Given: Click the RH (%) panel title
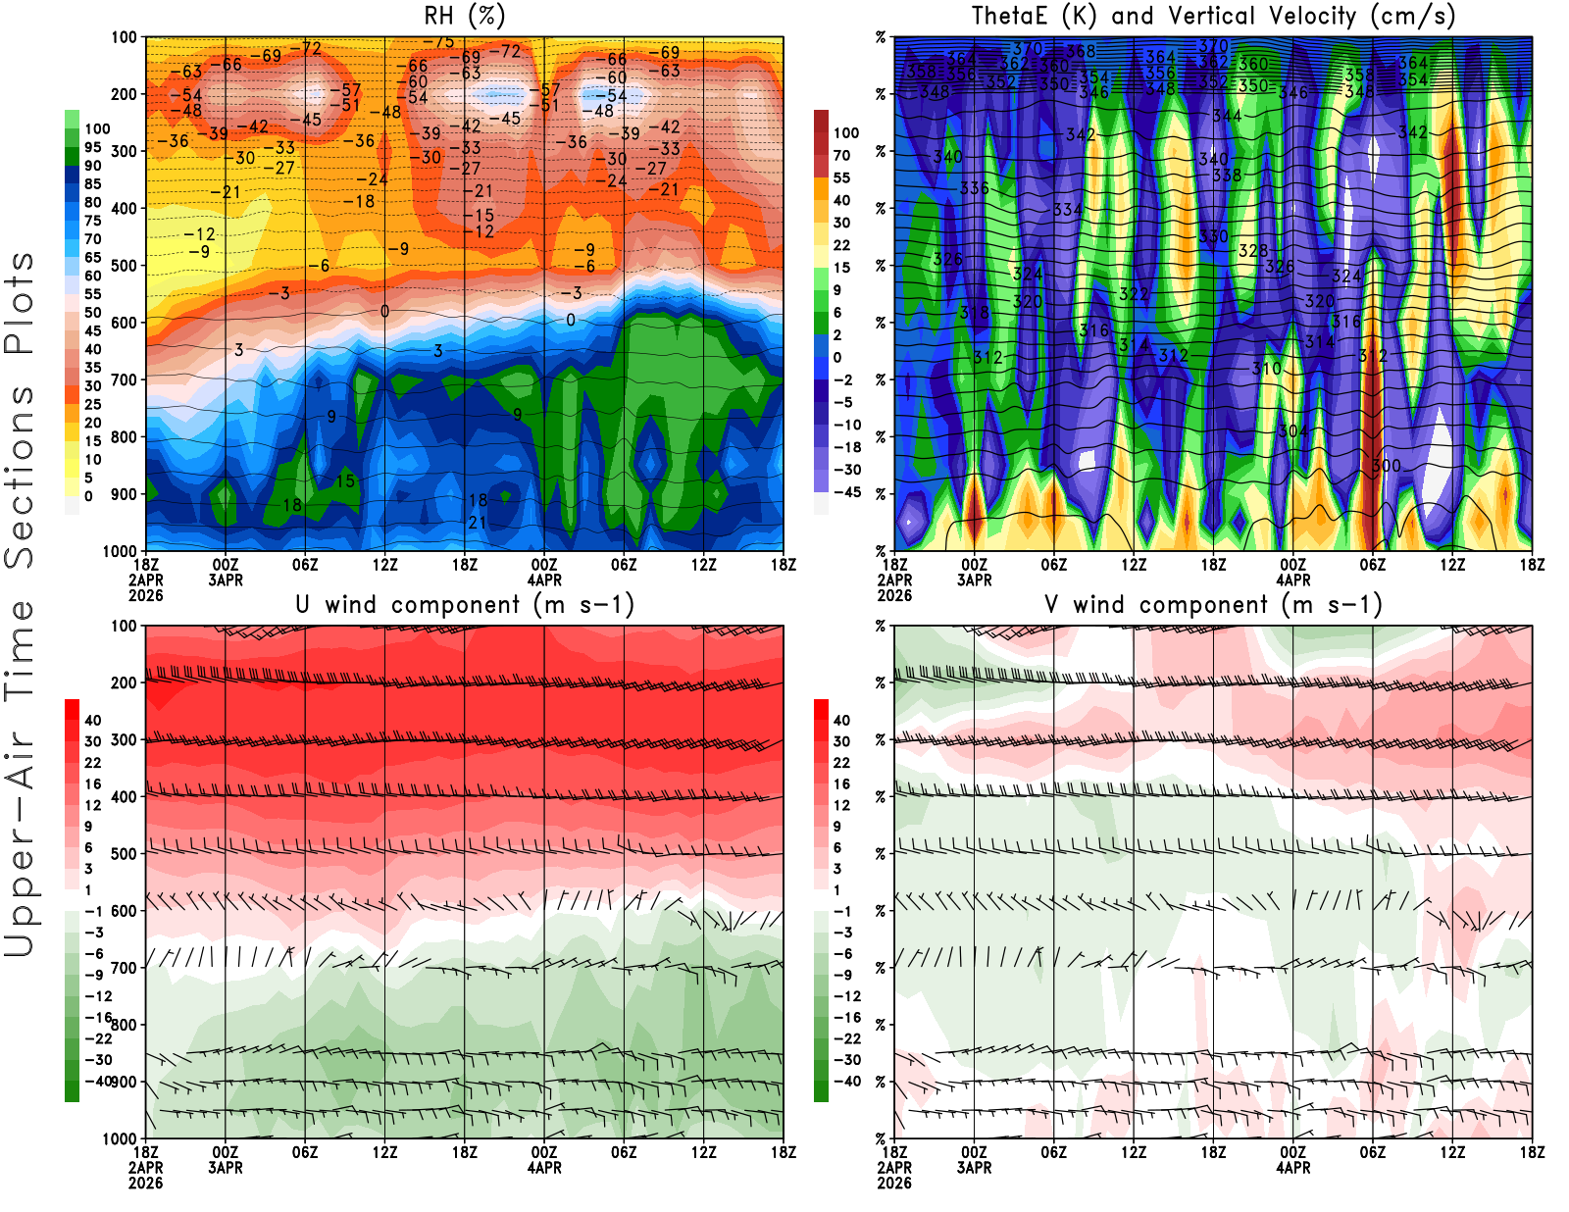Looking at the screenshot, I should tap(464, 16).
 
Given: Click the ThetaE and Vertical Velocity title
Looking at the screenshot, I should tap(1213, 16).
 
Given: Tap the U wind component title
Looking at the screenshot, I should tap(464, 605).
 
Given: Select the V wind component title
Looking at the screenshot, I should tap(1213, 605).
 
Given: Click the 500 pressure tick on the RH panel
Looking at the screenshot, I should tap(125, 266).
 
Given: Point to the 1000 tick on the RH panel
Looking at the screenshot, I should tap(120, 551).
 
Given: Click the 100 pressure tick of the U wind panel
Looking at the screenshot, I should tap(125, 627).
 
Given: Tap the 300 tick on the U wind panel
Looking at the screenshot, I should tap(125, 740).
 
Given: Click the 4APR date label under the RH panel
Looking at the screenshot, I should tap(544, 580).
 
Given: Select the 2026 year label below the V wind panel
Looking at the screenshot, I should tap(894, 1184).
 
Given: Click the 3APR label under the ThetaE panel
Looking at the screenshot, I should tap(974, 580).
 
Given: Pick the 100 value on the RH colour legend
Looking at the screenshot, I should tap(97, 129).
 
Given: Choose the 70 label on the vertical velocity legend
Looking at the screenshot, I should tap(841, 156).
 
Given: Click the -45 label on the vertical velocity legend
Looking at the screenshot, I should tap(846, 492).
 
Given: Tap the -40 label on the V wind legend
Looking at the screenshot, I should tap(846, 1082).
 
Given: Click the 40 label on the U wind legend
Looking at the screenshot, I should tap(93, 721).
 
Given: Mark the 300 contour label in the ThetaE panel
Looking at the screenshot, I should tap(1386, 466).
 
